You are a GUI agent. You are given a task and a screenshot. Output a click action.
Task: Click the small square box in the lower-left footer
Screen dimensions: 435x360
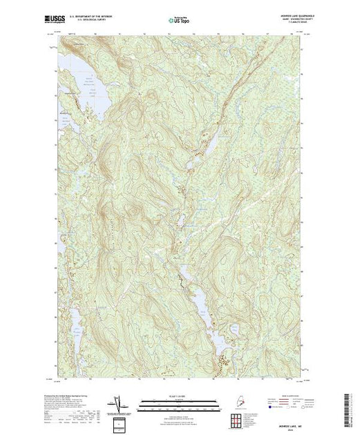pos(118,423)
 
